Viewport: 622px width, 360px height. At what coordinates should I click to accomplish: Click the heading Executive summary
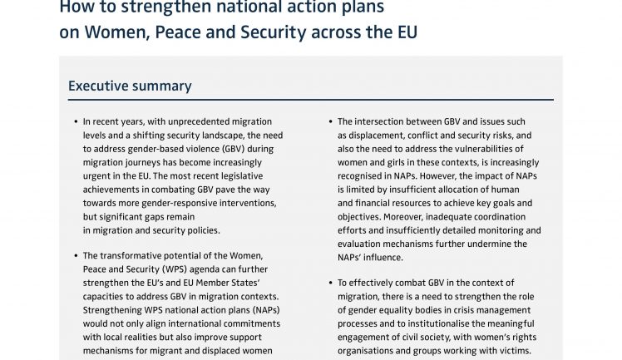pos(130,86)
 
